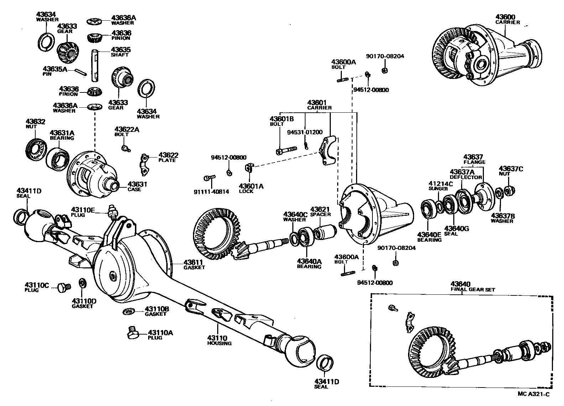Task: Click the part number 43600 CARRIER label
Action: click(507, 19)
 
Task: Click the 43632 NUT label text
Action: click(35, 124)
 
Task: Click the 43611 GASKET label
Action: click(194, 265)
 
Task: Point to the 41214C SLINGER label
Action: click(440, 186)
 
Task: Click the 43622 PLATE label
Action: click(168, 157)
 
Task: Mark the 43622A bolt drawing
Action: click(125, 148)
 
